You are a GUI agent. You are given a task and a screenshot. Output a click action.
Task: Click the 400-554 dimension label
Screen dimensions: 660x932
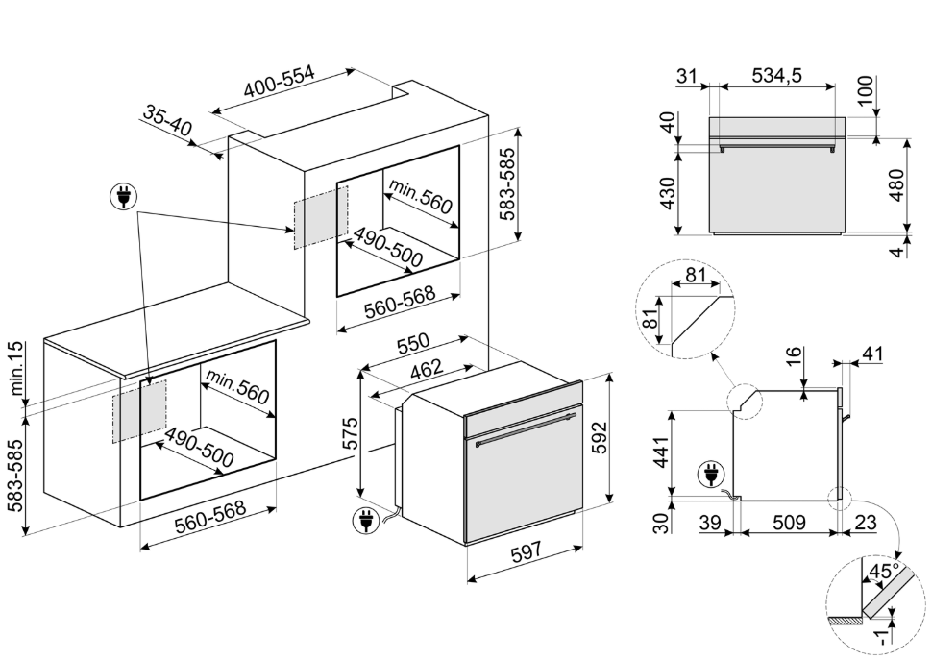tap(280, 86)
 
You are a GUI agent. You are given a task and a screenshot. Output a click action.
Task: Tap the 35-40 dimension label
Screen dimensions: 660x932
tap(168, 122)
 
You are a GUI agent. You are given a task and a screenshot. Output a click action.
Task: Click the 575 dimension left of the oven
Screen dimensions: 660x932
tap(352, 434)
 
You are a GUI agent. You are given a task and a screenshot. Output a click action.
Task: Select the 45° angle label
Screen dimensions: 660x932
tap(881, 574)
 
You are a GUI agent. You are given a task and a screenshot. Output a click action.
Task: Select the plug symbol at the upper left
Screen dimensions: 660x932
tap(122, 199)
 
